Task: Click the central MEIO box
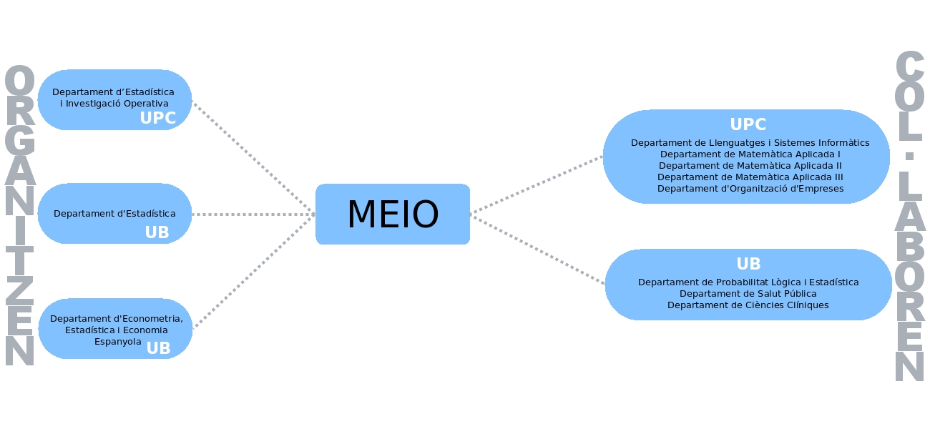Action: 393,214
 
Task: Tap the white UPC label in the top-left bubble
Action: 157,119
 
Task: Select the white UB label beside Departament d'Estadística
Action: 157,233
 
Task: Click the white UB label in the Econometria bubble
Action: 158,348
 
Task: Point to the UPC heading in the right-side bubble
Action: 748,124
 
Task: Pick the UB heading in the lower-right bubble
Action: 748,264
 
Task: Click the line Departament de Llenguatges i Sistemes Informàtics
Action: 750,143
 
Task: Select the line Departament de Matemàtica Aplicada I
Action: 750,154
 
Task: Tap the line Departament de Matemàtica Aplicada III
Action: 750,177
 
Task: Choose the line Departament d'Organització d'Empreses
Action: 750,189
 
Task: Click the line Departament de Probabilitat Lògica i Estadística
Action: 748,282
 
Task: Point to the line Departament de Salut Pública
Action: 748,294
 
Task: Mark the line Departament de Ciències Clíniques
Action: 748,305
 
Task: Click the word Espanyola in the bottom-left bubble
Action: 118,342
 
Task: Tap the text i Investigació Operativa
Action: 114,104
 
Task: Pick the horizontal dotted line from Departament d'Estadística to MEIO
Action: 253,214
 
